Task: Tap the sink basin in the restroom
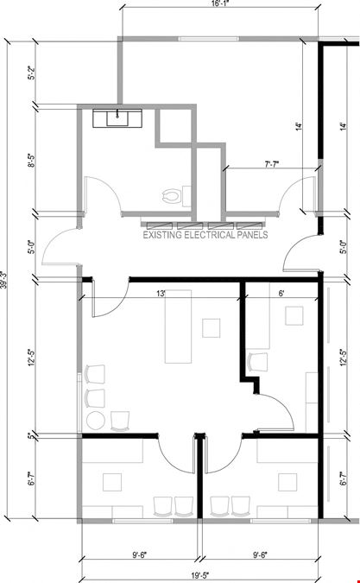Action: point(117,117)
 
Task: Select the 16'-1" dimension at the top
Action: point(218,3)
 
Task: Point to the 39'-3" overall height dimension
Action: point(3,280)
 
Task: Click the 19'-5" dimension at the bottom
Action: point(200,576)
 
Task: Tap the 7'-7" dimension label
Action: point(272,164)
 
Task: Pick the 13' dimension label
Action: point(161,294)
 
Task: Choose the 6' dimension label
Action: point(281,294)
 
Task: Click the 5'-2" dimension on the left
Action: point(32,73)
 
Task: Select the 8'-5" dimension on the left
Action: point(32,160)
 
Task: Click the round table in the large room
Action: point(96,421)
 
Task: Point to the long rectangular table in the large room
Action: point(179,326)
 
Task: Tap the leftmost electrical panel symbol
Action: point(160,225)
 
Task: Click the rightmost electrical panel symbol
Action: point(249,225)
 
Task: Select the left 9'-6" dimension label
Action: point(140,555)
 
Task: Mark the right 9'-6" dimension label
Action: point(260,555)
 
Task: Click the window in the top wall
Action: point(208,39)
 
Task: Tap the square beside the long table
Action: point(211,328)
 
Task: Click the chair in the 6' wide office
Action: point(257,362)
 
